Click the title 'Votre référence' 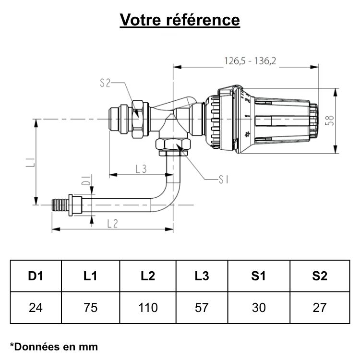pos(180,20)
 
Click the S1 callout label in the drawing pos(223,180)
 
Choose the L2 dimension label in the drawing pos(112,223)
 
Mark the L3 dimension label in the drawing pos(141,168)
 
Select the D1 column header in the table pos(36,276)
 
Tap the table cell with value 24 pos(36,308)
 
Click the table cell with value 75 pos(90,308)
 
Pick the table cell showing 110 pos(147,308)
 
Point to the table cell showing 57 pos(202,308)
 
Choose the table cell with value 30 pos(259,308)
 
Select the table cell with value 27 pos(319,308)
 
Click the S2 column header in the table pos(319,276)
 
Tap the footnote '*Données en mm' pos(54,346)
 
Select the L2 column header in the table pos(147,276)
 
